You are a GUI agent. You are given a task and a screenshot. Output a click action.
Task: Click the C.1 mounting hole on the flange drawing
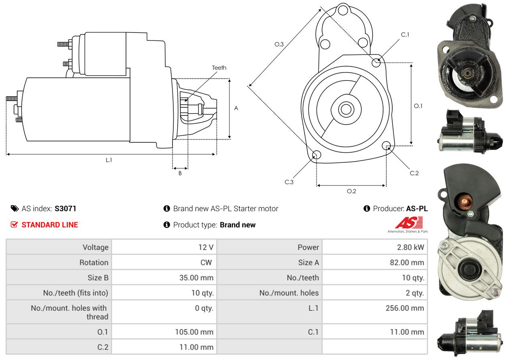pyautogui.click(x=376, y=63)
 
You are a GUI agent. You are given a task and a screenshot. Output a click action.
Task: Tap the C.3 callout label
pyautogui.click(x=289, y=182)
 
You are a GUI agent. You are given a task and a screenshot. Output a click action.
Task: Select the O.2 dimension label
pyautogui.click(x=351, y=191)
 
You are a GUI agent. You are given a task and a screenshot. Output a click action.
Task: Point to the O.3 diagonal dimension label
pyautogui.click(x=279, y=44)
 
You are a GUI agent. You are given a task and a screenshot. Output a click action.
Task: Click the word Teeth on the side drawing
pyautogui.click(x=219, y=68)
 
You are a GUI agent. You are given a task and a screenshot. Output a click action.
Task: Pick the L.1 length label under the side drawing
pyautogui.click(x=109, y=160)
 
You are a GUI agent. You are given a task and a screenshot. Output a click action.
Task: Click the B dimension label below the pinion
pyautogui.click(x=180, y=173)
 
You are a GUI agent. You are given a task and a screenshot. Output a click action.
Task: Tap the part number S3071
pyautogui.click(x=65, y=208)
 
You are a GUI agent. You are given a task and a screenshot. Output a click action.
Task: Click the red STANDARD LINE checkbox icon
pyautogui.click(x=14, y=224)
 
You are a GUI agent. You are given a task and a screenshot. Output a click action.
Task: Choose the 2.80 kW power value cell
pyautogui.click(x=375, y=247)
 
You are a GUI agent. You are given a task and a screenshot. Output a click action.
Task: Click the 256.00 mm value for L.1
pyautogui.click(x=405, y=308)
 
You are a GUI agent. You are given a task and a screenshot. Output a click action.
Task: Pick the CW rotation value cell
pyautogui.click(x=164, y=262)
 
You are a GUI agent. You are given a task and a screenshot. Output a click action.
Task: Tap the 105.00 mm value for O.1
pyautogui.click(x=194, y=332)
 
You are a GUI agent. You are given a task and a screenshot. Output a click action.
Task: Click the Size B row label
pyautogui.click(x=98, y=278)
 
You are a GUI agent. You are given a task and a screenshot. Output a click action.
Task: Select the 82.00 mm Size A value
pyautogui.click(x=407, y=263)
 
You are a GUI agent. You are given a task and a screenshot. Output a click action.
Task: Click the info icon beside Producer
pyautogui.click(x=367, y=208)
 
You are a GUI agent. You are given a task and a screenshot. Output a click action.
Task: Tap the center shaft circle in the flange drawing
pyautogui.click(x=346, y=109)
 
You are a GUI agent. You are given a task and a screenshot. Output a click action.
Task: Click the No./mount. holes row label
pyautogui.click(x=289, y=293)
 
